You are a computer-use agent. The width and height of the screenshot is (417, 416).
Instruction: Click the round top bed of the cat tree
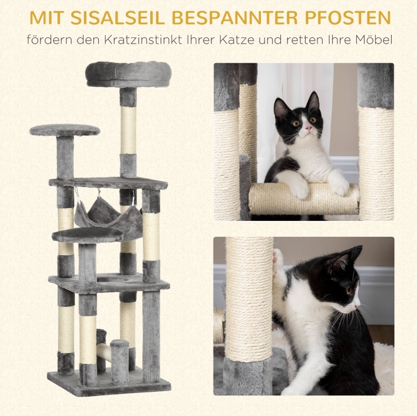click(129, 74)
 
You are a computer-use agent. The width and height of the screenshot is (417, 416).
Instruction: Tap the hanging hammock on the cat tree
click(109, 216)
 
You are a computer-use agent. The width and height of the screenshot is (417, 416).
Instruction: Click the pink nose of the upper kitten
click(308, 129)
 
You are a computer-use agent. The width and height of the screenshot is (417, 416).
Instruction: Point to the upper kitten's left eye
click(296, 123)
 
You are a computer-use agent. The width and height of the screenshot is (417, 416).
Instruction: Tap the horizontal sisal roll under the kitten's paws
click(304, 199)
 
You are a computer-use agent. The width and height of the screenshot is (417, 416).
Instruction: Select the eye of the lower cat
click(348, 291)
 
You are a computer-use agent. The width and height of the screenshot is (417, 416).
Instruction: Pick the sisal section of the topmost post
click(129, 130)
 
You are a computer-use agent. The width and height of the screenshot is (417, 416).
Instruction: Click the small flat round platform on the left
click(65, 130)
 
